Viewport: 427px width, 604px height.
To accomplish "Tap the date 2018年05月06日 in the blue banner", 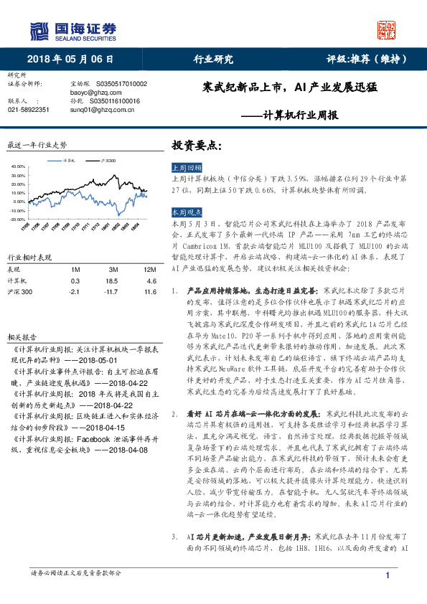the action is (71, 60).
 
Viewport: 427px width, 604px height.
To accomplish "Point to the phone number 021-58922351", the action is (29, 109).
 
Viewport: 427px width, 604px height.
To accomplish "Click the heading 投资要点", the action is (195, 144).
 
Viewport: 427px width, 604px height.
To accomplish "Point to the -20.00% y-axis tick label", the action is (17, 219).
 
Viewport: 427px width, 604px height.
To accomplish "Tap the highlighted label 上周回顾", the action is (187, 165).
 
